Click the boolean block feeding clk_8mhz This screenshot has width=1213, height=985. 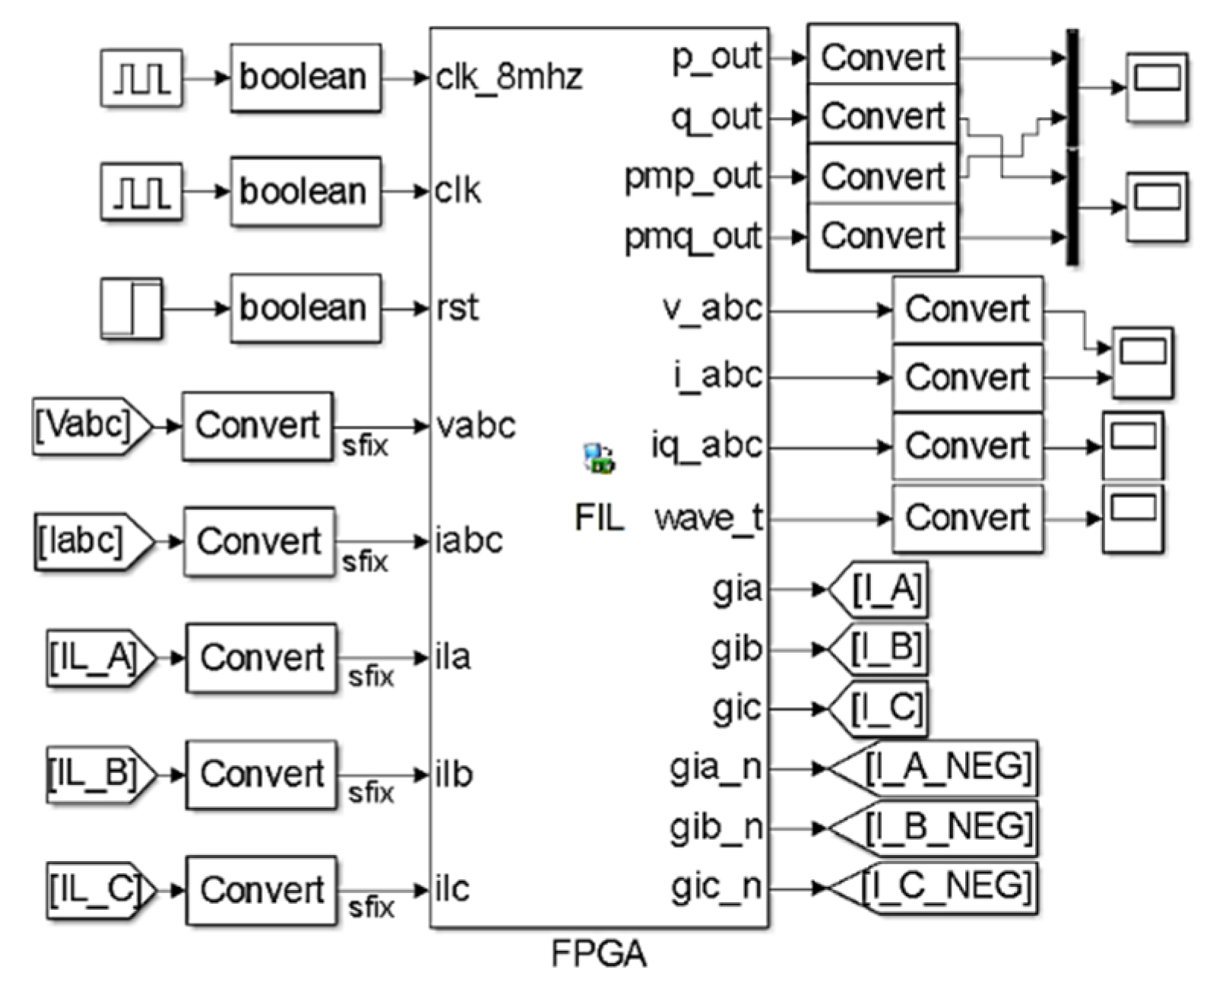pos(305,78)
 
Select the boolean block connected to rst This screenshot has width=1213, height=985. pos(305,309)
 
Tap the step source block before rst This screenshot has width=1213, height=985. pos(131,309)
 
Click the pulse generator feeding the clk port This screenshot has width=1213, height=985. pos(141,192)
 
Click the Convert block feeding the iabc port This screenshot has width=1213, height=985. pos(258,542)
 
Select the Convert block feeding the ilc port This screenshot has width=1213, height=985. pos(261,890)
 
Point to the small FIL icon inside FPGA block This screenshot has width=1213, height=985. pos(599,459)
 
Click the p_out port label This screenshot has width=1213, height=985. pos(716,58)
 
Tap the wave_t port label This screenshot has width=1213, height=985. pos(708,518)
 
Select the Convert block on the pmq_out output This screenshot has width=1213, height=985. pos(882,236)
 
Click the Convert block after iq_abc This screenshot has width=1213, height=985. pos(967,446)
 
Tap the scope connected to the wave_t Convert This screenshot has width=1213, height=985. pos(1133,519)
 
